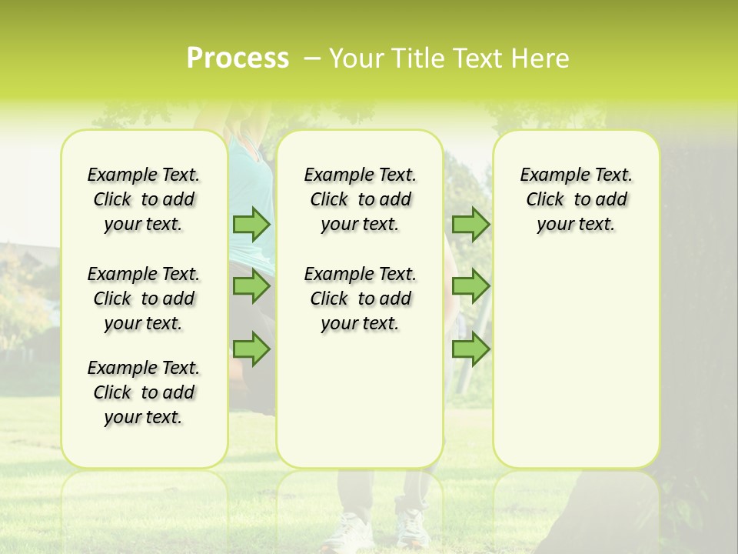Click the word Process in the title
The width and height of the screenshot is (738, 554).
coord(238,58)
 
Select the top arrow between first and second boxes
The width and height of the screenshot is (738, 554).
coord(251,224)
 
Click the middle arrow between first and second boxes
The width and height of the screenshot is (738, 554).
coord(251,286)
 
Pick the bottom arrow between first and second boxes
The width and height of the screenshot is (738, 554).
coord(251,349)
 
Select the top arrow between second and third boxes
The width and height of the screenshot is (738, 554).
coord(470,224)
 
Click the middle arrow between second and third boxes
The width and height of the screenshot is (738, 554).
coord(470,286)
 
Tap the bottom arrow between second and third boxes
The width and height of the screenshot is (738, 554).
coord(470,349)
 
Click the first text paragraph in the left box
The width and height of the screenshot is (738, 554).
coord(144,199)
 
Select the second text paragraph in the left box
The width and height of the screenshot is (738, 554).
coord(144,299)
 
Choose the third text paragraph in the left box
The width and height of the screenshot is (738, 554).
coord(144,392)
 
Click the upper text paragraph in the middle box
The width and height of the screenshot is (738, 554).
coord(361,199)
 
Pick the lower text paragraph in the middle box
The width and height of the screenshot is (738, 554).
coord(361,299)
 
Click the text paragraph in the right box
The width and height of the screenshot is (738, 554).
coord(577,199)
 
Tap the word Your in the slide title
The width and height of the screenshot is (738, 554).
coord(357,58)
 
